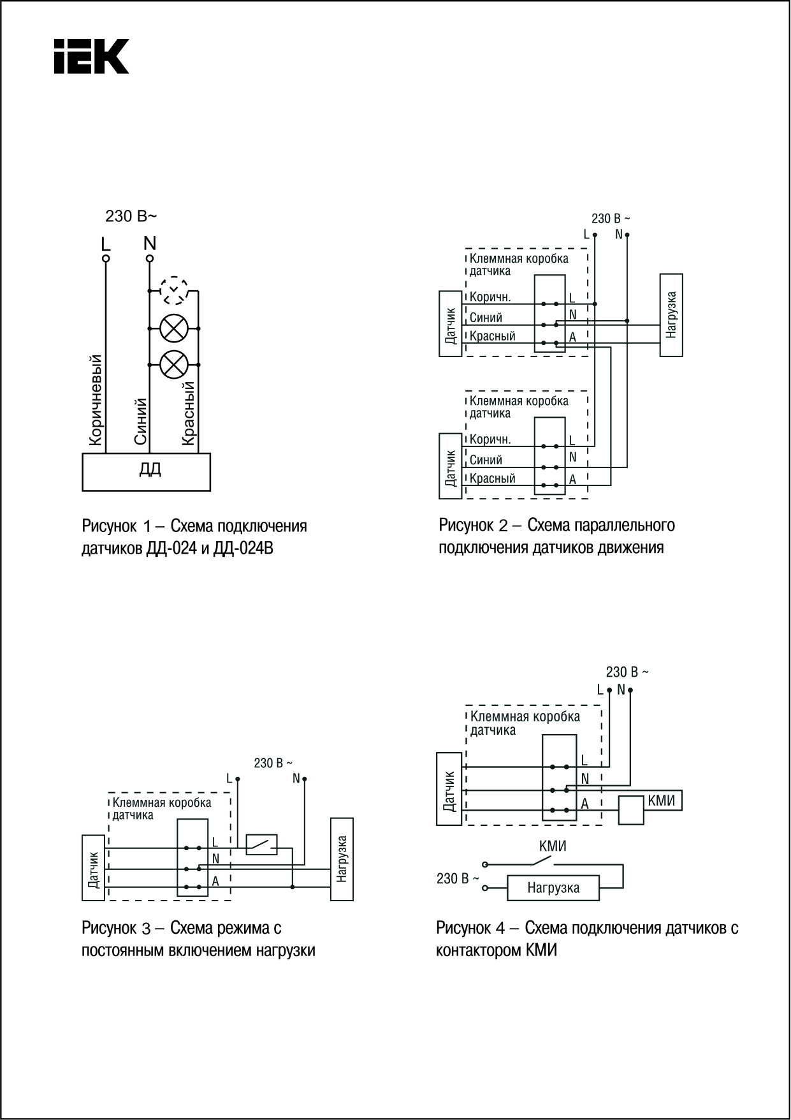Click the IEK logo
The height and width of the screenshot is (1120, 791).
[91, 56]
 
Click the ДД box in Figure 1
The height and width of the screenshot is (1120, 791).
[147, 471]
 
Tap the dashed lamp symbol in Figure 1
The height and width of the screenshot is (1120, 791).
[173, 291]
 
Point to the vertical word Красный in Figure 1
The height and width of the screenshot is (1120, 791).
[188, 413]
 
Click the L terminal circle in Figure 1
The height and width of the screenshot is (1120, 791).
[106, 258]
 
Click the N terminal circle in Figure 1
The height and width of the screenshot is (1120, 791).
[150, 258]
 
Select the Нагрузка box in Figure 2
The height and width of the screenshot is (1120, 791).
[671, 315]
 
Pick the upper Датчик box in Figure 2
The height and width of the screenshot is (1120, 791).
[451, 323]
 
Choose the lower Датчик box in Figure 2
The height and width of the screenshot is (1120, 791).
[451, 466]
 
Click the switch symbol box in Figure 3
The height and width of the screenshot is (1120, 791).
[261, 844]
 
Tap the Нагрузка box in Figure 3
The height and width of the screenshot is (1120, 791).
[342, 859]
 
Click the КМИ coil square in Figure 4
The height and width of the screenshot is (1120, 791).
[632, 811]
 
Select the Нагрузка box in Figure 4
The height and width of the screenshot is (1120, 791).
[553, 888]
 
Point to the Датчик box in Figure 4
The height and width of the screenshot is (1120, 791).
[449, 789]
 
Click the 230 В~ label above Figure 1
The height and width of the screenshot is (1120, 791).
[131, 216]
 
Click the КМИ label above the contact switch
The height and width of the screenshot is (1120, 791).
[553, 846]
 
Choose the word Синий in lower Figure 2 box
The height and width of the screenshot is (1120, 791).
[486, 460]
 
